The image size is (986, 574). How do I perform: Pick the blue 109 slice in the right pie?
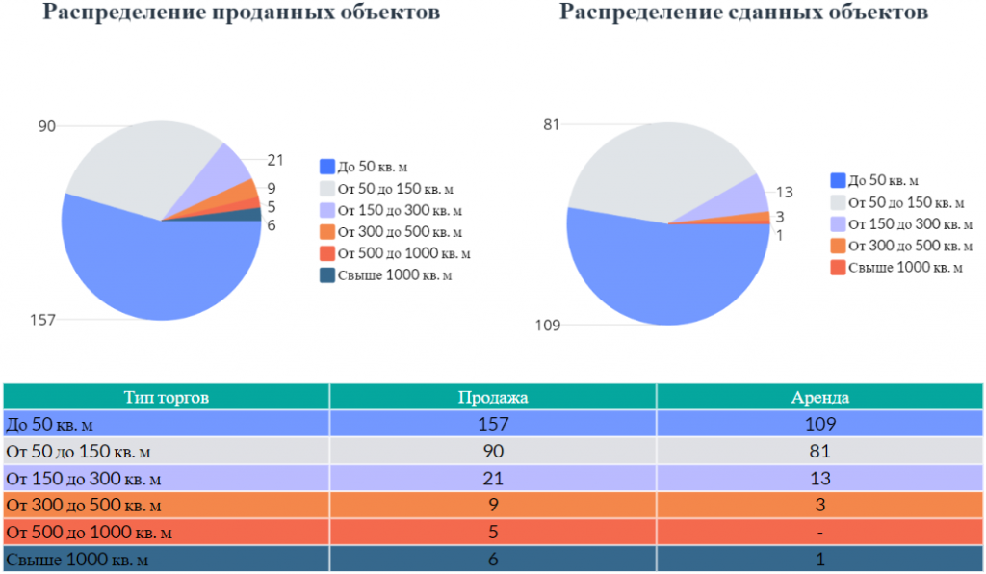coord(661,276)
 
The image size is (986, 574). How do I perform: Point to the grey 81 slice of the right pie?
coord(654,170)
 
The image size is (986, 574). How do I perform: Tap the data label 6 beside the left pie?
coord(271,225)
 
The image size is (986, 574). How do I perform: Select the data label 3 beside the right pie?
coord(780,217)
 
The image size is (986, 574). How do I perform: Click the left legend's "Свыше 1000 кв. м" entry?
coord(385,275)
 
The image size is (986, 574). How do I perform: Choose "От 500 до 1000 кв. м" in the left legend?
coord(395,253)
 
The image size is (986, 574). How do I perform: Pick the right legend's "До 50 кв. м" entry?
coord(874,181)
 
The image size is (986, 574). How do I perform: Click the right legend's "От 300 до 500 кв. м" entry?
coord(901,246)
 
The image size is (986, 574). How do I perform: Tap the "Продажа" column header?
coord(493,398)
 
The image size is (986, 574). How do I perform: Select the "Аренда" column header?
coord(820,398)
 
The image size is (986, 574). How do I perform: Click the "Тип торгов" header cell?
coord(166,398)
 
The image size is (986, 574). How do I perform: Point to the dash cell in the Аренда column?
coord(820,532)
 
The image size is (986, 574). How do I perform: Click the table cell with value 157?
coord(493,424)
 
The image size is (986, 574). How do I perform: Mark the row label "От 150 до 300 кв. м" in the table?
coord(84,479)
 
